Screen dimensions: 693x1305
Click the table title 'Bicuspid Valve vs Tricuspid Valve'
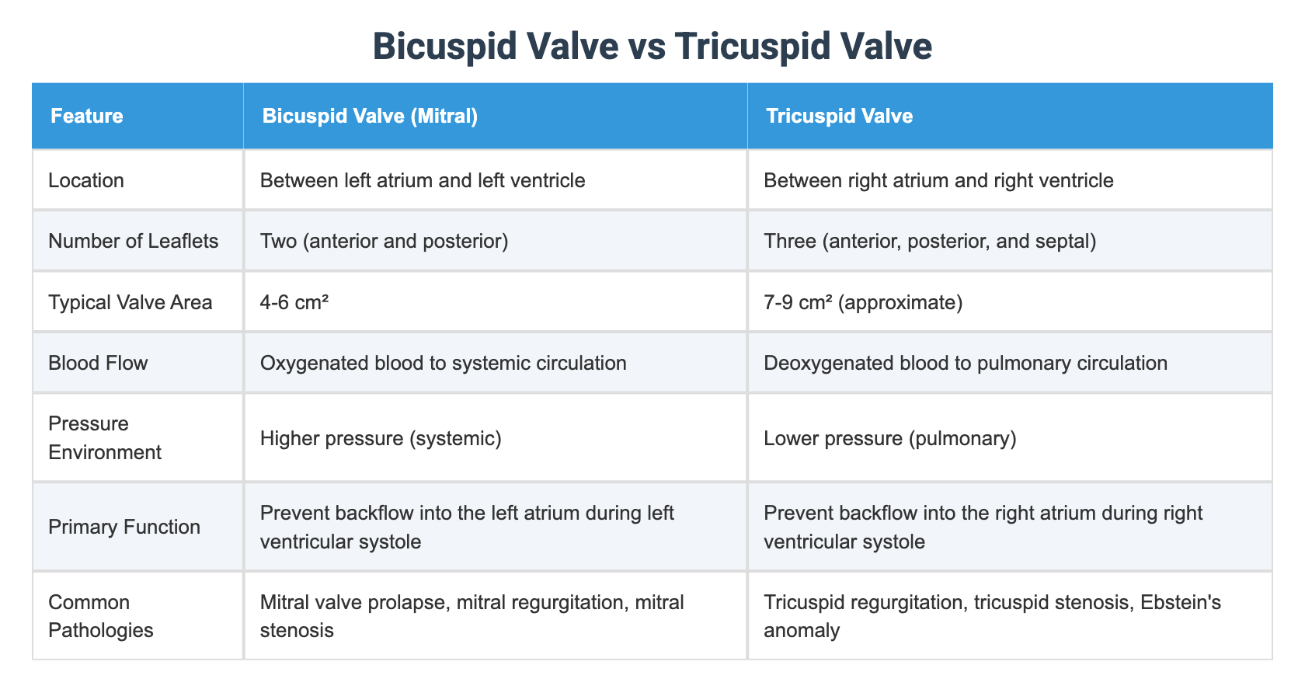point(652,46)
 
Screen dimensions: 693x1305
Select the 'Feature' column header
point(86,117)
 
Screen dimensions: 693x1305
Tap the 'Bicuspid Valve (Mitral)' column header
point(370,117)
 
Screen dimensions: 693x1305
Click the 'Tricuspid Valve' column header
point(839,117)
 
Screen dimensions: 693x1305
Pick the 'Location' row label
point(86,180)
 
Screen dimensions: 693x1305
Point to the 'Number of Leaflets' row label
point(133,241)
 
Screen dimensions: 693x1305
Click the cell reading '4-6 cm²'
point(294,301)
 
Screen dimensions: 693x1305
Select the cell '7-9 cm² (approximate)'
point(863,301)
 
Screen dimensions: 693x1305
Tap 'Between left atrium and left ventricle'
point(423,180)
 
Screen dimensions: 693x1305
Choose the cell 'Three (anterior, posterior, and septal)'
point(930,241)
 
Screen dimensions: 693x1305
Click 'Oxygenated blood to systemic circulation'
point(443,363)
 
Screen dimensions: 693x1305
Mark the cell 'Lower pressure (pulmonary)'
point(890,438)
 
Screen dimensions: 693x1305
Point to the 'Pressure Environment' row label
point(104,438)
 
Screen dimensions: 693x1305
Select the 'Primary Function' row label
point(124,527)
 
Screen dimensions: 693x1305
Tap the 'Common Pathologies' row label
point(101,615)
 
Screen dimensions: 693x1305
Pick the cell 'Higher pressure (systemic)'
point(381,438)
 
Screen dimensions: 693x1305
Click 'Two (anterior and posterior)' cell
point(384,241)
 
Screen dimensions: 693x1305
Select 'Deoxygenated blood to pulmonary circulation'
point(966,363)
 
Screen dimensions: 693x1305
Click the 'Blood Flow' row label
point(98,363)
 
